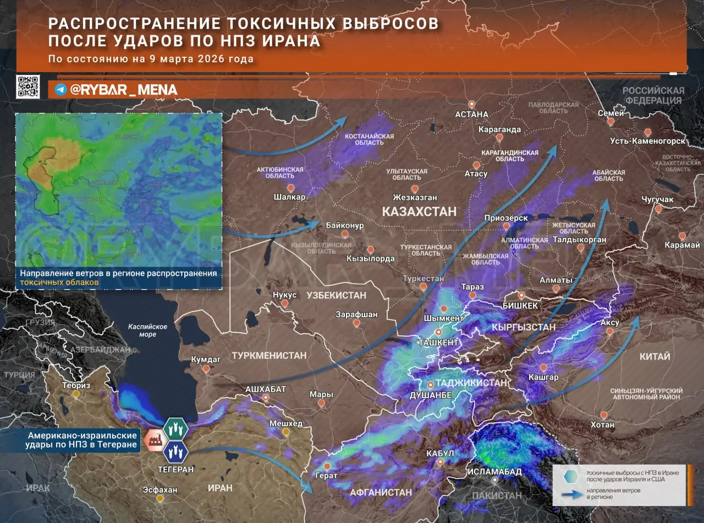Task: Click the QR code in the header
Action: (28, 87)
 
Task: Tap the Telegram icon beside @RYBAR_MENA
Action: (61, 90)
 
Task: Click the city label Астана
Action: (472, 115)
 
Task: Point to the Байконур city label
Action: (345, 226)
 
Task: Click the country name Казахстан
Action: (419, 211)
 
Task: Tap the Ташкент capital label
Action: (438, 342)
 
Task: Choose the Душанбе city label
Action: (431, 395)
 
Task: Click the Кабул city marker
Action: (440, 463)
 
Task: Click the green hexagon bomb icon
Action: (176, 428)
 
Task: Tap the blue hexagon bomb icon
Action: (176, 452)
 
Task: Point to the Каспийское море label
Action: (142, 330)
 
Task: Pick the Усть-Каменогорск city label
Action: (648, 141)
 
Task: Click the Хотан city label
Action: (603, 424)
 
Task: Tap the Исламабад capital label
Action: (494, 472)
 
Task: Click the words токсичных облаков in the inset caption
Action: (60, 282)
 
